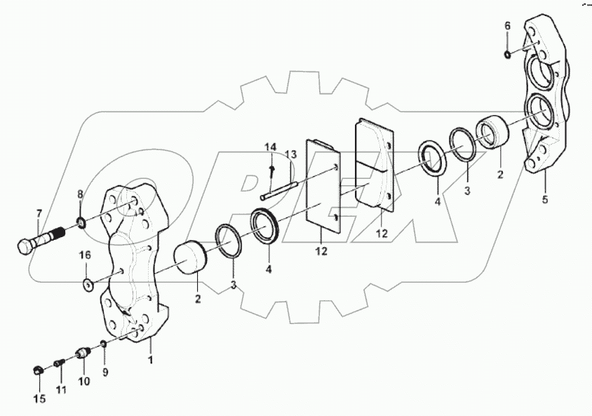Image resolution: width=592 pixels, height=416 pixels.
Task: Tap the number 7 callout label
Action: click(x=39, y=213)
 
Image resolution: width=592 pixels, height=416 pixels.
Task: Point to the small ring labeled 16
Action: click(x=87, y=286)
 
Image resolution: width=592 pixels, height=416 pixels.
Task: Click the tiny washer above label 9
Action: click(x=103, y=344)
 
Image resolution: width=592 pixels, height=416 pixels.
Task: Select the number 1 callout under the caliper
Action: click(x=149, y=359)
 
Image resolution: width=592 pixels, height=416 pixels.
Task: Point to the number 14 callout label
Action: click(x=271, y=147)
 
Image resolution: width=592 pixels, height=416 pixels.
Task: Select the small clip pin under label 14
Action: click(x=271, y=168)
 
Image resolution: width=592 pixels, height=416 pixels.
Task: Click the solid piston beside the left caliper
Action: click(x=187, y=256)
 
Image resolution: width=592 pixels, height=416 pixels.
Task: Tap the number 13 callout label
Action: click(x=290, y=154)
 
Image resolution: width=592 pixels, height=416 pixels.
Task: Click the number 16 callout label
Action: click(x=84, y=255)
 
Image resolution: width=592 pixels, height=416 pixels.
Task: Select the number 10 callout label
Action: click(x=83, y=382)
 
